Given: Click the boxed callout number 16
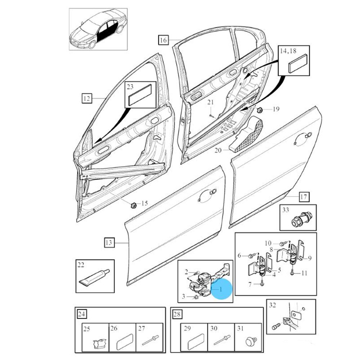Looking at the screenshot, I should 163,40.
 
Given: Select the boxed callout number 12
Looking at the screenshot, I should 87,98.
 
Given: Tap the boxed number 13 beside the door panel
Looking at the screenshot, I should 109,243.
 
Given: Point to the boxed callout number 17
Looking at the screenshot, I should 304,197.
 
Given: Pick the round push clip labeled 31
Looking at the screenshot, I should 249,340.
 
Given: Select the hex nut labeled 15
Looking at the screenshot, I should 132,205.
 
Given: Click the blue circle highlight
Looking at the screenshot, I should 221,289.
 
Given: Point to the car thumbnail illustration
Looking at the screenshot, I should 98,30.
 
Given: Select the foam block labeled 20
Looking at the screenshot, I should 248,133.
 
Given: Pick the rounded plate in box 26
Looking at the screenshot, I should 123,341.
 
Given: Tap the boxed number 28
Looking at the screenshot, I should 177,315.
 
